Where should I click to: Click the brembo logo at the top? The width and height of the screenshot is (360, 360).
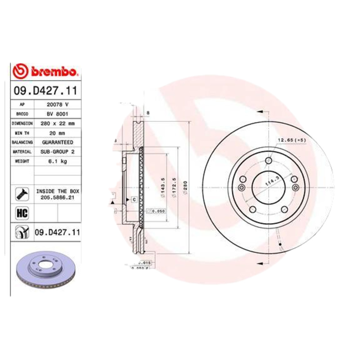[46, 71]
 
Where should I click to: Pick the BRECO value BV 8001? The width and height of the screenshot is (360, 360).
[57, 113]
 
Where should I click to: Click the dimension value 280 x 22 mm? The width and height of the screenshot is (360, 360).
[57, 123]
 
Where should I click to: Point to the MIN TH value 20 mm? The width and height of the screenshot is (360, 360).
[57, 133]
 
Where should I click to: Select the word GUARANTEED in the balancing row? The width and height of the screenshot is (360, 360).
[57, 142]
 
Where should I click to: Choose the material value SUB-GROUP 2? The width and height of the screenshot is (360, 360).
[57, 152]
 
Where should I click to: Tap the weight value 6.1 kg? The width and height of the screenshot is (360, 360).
[57, 161]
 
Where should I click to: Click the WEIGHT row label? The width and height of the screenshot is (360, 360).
[22, 161]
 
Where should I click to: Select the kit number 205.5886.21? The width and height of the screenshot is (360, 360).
[57, 197]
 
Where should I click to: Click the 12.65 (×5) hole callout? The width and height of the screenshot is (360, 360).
[291, 140]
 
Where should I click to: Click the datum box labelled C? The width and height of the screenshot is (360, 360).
[134, 198]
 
